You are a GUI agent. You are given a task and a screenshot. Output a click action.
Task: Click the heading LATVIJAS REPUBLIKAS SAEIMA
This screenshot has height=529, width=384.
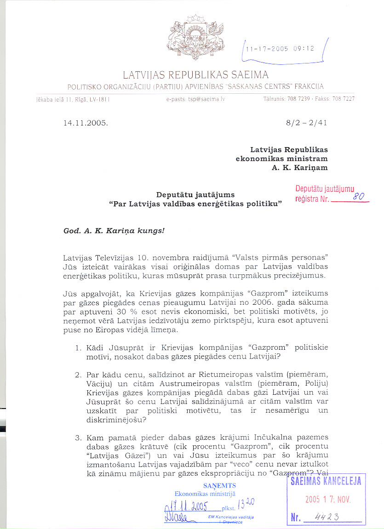point(195,74)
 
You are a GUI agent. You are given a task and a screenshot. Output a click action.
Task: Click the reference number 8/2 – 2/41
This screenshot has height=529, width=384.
point(306,123)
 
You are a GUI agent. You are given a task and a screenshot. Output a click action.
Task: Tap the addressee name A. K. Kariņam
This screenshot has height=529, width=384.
point(300,168)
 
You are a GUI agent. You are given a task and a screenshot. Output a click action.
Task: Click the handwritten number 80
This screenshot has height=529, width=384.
point(359,196)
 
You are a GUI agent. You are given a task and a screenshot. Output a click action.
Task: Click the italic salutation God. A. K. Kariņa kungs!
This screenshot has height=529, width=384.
point(114,231)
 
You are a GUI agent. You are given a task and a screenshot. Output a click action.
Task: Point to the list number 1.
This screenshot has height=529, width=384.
point(78,347)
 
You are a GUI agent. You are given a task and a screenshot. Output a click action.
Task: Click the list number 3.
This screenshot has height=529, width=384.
point(78,437)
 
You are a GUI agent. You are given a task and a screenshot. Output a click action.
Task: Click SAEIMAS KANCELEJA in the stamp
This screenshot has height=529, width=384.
point(326,481)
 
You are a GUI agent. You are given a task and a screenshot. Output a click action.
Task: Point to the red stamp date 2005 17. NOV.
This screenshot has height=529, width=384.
point(328,500)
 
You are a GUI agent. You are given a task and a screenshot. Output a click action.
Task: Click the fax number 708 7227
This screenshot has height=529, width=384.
point(344,99)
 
